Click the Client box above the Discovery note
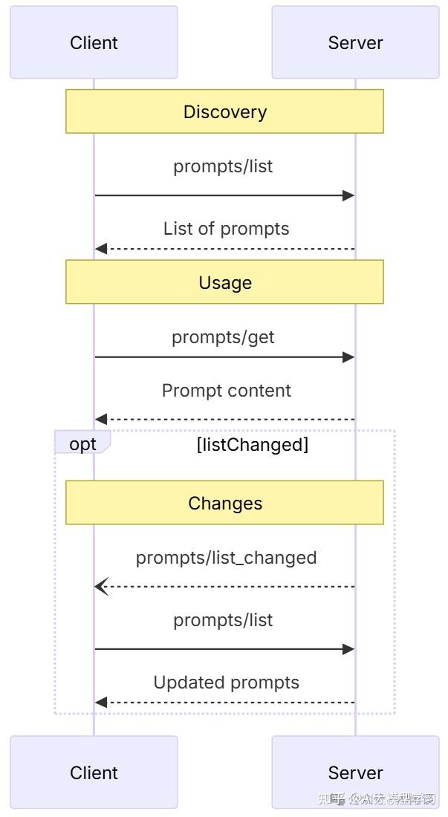click(x=94, y=42)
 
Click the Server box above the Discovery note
click(x=355, y=42)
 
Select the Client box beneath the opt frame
click(x=94, y=772)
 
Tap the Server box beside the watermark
click(x=355, y=772)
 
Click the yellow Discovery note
click(x=224, y=111)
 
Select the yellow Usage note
click(x=224, y=282)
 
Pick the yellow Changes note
click(x=224, y=503)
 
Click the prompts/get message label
click(x=223, y=337)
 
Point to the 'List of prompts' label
click(x=226, y=229)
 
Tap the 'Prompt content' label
click(x=226, y=391)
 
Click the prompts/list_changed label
click(x=226, y=558)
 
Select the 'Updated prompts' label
click(x=226, y=683)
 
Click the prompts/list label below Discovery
click(x=223, y=166)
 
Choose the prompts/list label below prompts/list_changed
click(x=223, y=620)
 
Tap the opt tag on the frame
click(x=82, y=444)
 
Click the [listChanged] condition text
click(x=252, y=445)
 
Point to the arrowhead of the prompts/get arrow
click(x=348, y=357)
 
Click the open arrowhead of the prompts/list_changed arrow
click(x=100, y=587)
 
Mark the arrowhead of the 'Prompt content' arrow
click(x=101, y=420)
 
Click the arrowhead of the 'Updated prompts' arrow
click(x=101, y=703)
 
